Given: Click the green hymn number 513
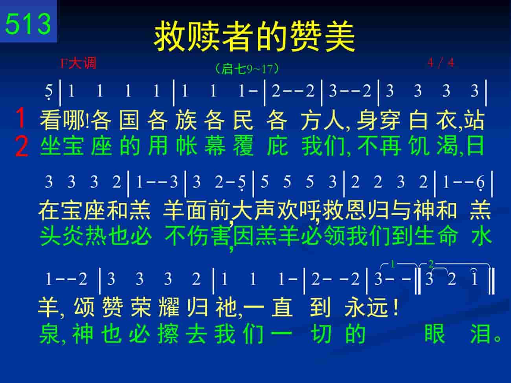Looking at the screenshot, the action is (x=28, y=24).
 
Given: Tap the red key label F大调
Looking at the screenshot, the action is (x=78, y=63).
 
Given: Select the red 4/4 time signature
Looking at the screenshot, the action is (x=441, y=63).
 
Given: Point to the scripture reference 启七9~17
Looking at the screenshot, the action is (x=247, y=69).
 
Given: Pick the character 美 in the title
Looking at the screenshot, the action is (x=339, y=36).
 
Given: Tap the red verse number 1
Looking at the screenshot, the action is (x=21, y=117).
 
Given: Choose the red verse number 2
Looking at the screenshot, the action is (x=22, y=146).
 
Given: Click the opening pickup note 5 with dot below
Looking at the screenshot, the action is (x=49, y=92).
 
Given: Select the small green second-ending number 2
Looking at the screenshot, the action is (x=431, y=264).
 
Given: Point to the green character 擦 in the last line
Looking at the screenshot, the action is (x=168, y=334).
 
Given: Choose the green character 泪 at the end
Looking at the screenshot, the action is (x=480, y=334).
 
